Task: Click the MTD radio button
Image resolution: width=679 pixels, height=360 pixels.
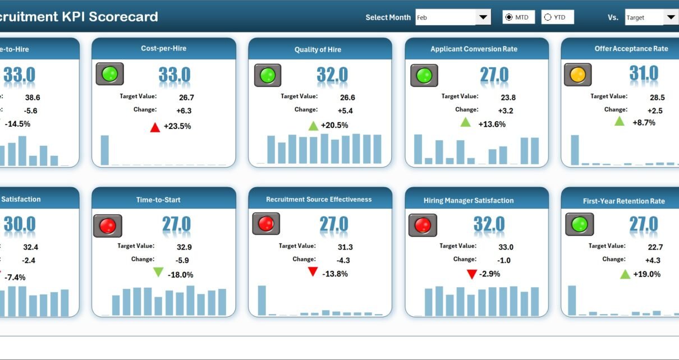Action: click(509, 17)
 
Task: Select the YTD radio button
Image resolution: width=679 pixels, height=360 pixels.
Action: click(548, 17)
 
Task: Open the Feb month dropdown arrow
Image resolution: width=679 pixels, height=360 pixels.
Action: click(483, 17)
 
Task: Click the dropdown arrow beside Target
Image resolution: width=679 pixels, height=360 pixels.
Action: click(671, 17)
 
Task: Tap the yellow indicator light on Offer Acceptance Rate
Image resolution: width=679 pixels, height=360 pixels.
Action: click(577, 74)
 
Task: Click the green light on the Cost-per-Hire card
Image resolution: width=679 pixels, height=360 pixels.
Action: click(109, 74)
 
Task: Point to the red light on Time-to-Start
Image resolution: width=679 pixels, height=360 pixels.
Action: click(107, 226)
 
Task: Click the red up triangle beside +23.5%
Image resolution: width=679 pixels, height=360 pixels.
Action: click(155, 127)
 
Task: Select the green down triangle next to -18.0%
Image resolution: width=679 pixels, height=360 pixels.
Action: click(159, 273)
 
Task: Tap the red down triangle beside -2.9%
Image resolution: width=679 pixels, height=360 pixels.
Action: click(472, 274)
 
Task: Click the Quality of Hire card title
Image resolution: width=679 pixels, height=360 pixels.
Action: click(318, 49)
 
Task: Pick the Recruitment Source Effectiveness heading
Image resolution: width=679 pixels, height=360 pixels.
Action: click(319, 199)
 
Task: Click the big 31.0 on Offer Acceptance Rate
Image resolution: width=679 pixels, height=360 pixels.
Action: click(644, 73)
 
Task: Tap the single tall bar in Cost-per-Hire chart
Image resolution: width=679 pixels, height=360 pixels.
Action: click(104, 150)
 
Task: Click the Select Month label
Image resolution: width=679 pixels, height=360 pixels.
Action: click(388, 17)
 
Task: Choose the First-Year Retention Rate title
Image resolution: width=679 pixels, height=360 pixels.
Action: click(616, 201)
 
